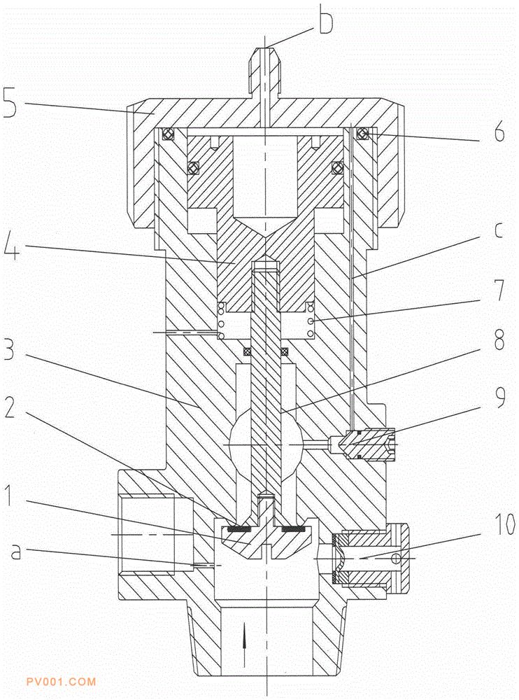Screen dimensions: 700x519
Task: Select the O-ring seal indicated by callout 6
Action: click(363, 134)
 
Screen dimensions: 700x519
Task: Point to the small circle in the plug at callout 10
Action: click(395, 559)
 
